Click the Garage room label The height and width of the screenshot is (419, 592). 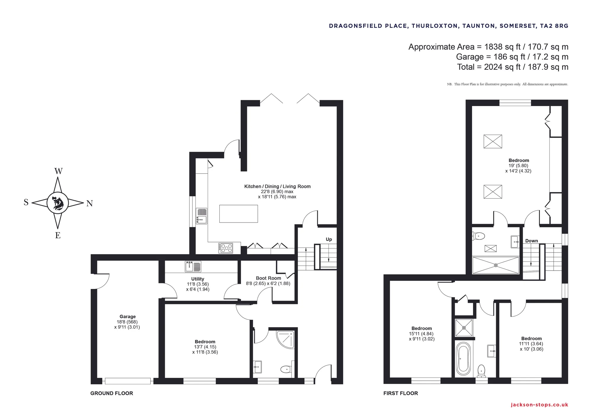point(128,316)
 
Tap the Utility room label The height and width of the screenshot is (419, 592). point(198,279)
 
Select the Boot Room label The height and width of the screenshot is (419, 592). point(268,278)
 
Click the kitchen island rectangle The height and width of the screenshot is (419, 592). point(239,214)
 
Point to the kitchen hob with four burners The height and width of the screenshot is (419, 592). point(226,248)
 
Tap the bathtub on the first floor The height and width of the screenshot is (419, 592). point(464,359)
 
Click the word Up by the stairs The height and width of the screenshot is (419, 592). point(329,239)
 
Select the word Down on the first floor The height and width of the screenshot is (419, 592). point(532,241)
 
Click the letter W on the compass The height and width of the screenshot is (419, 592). point(58,171)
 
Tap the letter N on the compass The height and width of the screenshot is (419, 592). point(89,203)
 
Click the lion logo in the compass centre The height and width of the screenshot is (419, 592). point(58,203)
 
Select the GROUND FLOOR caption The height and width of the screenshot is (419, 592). point(112,393)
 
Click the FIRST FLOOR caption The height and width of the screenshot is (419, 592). point(400,393)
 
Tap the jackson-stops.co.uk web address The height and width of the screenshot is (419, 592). point(539,405)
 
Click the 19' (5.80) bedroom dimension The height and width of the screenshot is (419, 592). point(518,166)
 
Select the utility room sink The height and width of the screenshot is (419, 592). point(193,266)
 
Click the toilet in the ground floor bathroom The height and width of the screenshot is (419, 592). point(286,369)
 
